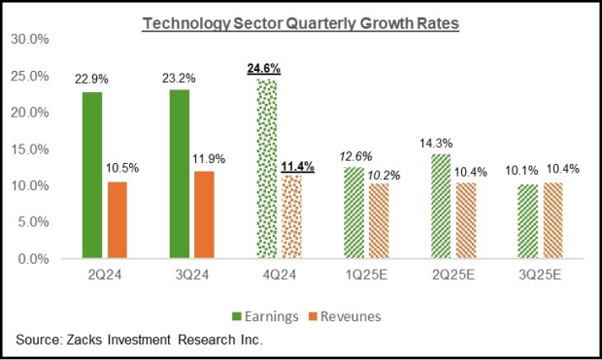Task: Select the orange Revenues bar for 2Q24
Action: [x=117, y=220]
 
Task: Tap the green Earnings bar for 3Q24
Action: [x=178, y=174]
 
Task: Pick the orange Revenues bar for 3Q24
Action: [x=205, y=214]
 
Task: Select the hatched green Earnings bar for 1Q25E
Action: [x=354, y=213]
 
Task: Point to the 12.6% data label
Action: [x=353, y=154]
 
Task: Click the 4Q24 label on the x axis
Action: [x=280, y=276]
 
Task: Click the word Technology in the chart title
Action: [x=184, y=21]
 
